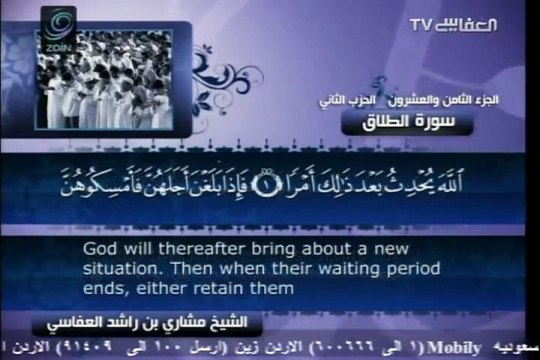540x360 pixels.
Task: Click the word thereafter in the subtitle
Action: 183,248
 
